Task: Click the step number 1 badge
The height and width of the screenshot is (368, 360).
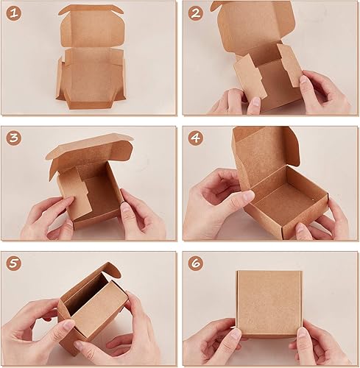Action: click(x=14, y=13)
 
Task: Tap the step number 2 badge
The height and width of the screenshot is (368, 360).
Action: click(x=195, y=13)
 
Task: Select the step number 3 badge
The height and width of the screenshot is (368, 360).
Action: click(x=14, y=138)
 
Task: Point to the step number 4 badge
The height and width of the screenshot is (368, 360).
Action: click(x=195, y=138)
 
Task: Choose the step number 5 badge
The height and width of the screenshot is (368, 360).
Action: click(x=14, y=263)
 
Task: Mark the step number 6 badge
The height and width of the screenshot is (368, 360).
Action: click(x=195, y=263)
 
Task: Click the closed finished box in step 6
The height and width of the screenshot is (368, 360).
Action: click(x=269, y=303)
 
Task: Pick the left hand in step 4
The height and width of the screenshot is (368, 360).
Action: click(x=213, y=199)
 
